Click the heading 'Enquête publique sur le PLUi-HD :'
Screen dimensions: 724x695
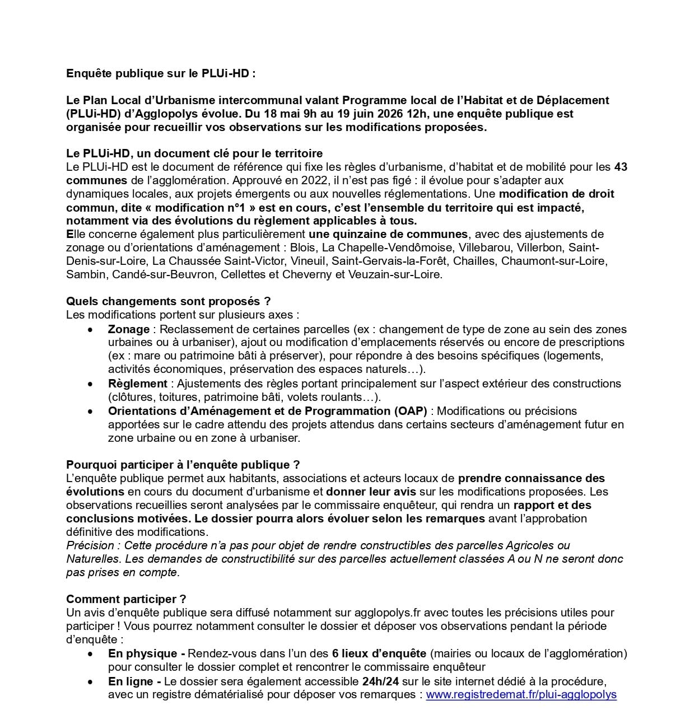(x=161, y=73)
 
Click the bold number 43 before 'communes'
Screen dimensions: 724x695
(x=621, y=167)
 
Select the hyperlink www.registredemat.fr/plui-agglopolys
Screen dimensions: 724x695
(x=521, y=695)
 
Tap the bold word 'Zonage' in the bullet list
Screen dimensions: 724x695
(x=129, y=329)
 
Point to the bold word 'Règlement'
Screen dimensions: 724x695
(x=138, y=384)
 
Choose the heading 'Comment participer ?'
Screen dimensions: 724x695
(x=126, y=599)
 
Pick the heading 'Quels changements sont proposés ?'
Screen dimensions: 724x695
(x=168, y=301)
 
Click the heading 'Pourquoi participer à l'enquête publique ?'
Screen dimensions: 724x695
(x=183, y=465)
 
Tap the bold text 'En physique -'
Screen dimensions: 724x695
(x=147, y=653)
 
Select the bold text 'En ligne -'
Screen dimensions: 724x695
(x=134, y=681)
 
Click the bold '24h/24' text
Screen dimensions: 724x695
(x=378, y=681)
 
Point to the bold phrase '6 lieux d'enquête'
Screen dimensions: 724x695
(x=379, y=653)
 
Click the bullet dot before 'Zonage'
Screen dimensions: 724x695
(x=90, y=330)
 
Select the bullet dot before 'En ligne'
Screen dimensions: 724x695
(x=90, y=683)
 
